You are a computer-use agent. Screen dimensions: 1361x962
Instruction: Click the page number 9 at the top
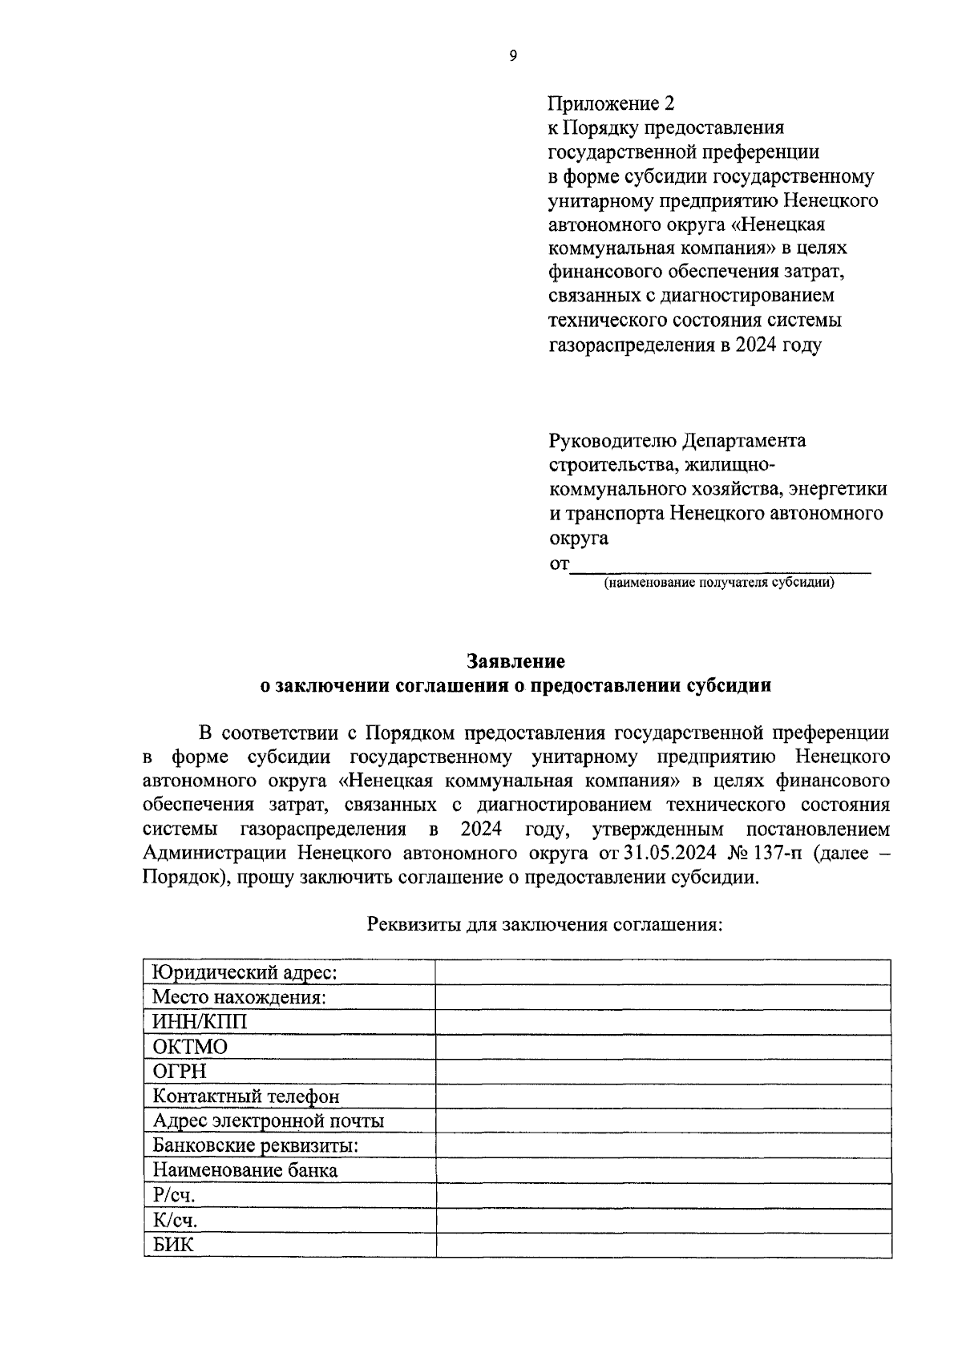513,55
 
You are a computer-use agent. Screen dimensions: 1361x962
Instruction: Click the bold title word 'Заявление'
516,661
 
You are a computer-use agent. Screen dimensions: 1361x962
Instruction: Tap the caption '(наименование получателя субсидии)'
719,583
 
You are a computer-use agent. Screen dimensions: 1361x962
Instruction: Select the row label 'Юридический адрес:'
245,973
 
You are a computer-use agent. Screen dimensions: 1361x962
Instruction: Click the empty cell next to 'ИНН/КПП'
663,1022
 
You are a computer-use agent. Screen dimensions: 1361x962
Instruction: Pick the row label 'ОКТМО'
191,1047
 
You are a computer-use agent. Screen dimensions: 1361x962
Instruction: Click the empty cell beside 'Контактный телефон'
663,1096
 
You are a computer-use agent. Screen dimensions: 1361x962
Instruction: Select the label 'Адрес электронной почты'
269,1121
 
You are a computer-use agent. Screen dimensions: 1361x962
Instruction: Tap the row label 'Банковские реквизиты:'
256,1145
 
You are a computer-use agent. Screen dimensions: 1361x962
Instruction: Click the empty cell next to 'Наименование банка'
663,1170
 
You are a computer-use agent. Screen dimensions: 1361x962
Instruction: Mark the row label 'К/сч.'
176,1220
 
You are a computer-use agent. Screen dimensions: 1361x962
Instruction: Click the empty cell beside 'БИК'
663,1245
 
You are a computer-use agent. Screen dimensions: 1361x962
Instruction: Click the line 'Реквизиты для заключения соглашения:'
545,924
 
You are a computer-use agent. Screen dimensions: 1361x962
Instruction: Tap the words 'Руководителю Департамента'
677,440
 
